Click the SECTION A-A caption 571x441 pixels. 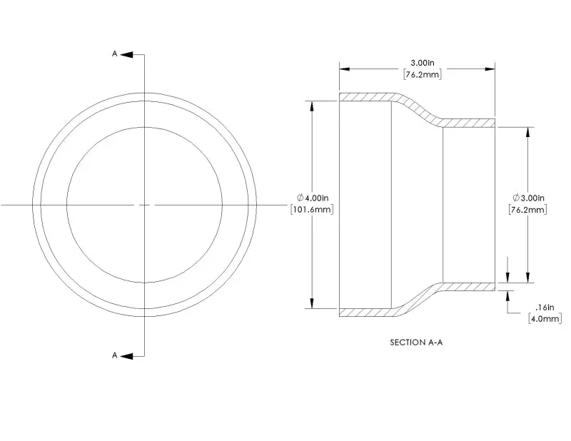click(416, 343)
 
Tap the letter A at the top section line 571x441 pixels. click(114, 54)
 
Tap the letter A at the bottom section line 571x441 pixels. click(114, 355)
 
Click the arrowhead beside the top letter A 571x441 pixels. click(126, 55)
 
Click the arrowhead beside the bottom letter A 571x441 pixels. click(126, 356)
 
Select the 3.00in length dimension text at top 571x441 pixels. click(423, 63)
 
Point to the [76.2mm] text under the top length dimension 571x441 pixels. click(423, 74)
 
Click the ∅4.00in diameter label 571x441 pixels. click(313, 198)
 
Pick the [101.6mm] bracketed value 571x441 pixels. click(312, 209)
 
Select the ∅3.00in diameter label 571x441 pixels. click(528, 198)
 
